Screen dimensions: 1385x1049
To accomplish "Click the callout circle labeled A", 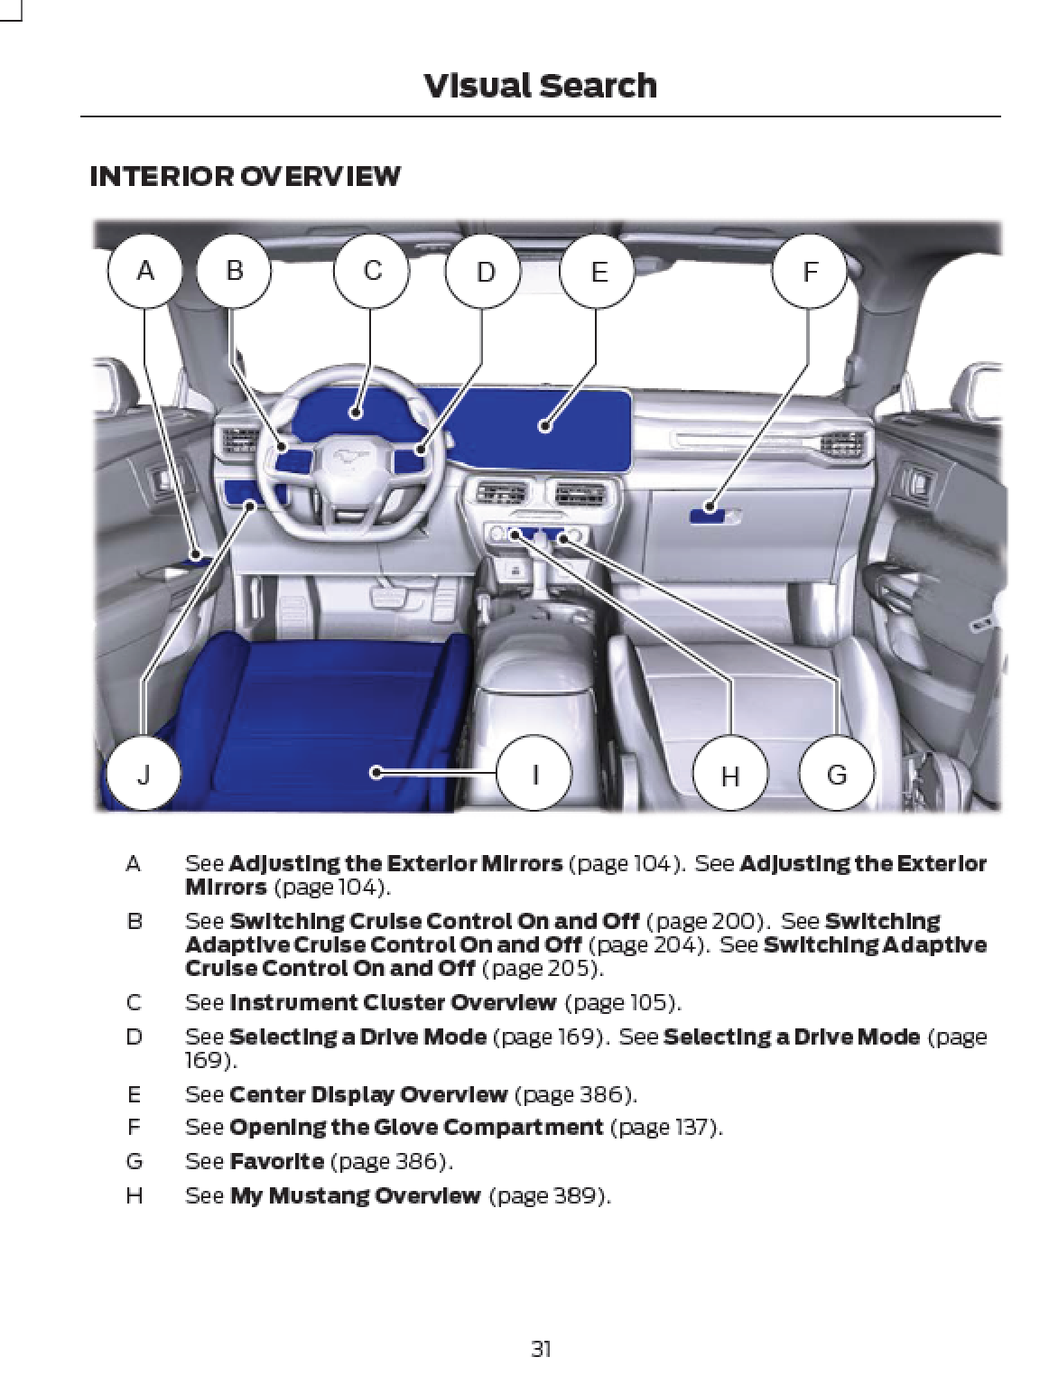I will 144,271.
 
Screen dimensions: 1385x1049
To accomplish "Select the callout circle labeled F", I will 809,271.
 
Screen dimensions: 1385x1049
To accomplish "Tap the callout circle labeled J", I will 143,773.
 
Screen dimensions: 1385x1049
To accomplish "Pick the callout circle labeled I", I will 534,773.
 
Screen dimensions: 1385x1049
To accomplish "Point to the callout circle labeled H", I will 729,775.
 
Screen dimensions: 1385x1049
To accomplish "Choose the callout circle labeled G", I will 837,774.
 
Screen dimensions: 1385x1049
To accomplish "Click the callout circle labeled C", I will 371,271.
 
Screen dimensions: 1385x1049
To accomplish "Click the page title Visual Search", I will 540,86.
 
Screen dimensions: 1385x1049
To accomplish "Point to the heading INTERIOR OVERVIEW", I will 245,176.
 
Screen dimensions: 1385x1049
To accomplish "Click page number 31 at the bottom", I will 541,1349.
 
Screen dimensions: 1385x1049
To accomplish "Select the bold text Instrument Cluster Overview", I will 393,1003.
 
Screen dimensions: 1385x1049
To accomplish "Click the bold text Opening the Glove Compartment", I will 416,1128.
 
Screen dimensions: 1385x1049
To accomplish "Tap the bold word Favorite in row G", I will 276,1161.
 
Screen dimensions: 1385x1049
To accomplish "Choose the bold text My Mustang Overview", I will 355,1195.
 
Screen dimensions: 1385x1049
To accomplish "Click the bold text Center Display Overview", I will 368,1094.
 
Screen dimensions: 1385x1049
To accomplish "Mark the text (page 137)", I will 666,1128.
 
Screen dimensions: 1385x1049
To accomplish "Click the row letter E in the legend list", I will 135,1094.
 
